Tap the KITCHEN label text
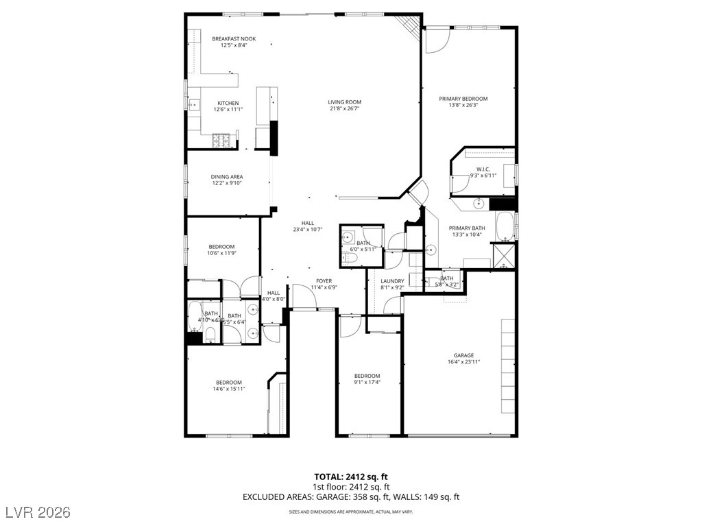tap(228, 103)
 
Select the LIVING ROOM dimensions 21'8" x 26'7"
tap(344, 108)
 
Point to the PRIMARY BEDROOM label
tap(468, 99)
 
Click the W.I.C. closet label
tap(483, 169)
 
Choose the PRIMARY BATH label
tap(468, 228)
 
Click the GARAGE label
tap(463, 355)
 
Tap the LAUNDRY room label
tap(392, 281)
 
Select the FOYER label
tap(324, 281)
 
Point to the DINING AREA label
tap(226, 177)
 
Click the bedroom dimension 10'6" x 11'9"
tap(221, 253)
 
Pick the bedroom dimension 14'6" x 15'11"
tap(229, 389)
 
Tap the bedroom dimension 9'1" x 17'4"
tap(367, 382)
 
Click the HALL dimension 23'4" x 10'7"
tap(307, 229)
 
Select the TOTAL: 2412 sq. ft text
tap(351, 476)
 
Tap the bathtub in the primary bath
tap(505, 226)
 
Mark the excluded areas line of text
tap(351, 497)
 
